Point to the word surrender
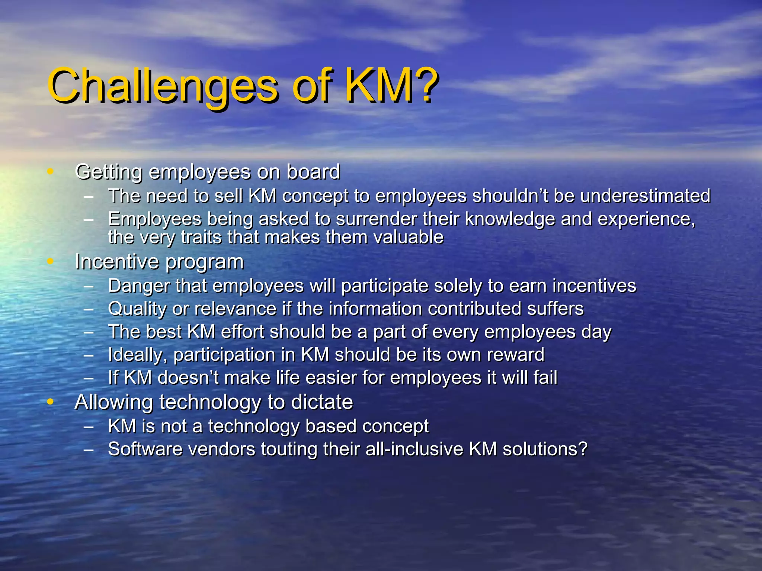376,219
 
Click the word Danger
138,286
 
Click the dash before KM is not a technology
89,427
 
